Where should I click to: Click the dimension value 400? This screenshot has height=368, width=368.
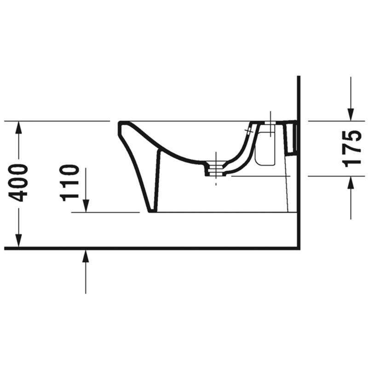click(18, 183)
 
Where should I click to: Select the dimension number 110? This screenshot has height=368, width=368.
click(69, 183)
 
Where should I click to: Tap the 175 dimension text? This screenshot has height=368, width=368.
click(351, 149)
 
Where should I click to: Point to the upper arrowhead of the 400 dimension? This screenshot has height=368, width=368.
click(18, 127)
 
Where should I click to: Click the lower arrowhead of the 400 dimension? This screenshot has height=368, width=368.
click(18, 241)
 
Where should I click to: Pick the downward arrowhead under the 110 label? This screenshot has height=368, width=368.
click(86, 206)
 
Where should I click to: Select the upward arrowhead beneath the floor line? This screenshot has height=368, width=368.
click(86, 256)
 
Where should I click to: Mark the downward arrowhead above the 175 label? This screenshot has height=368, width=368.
click(351, 115)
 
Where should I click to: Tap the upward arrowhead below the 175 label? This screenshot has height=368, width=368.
click(351, 182)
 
